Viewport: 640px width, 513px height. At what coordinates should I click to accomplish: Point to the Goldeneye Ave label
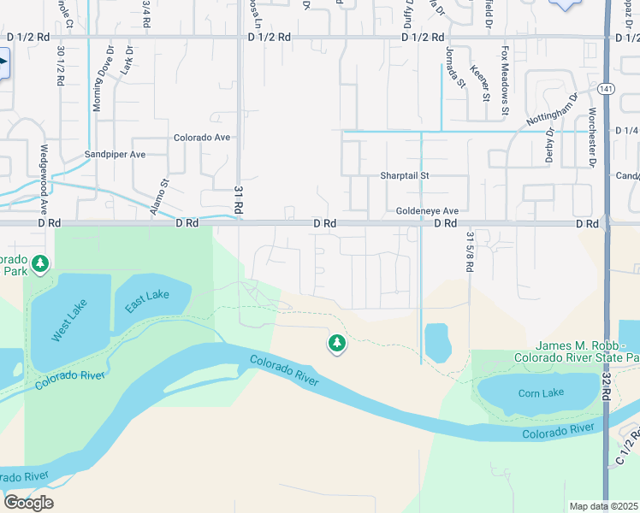coord(428,211)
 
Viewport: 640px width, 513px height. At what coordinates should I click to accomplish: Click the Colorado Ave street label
coord(202,137)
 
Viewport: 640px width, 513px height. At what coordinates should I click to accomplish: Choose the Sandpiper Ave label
coord(115,155)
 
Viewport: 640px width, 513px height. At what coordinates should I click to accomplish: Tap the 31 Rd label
coord(240,202)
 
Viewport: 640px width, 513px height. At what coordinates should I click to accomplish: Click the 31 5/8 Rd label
coord(470,251)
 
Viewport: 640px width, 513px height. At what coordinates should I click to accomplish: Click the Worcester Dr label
coord(591,137)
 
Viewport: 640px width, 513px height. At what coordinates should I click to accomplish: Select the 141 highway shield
coord(605,88)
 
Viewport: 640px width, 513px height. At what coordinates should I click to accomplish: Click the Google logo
coord(28,503)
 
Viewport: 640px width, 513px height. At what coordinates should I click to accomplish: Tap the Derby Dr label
coord(550,146)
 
